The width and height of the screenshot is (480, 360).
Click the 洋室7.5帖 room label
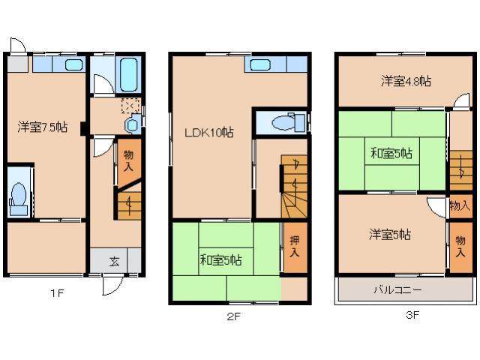[x=43, y=127]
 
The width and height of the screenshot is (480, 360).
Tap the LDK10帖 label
[x=209, y=133]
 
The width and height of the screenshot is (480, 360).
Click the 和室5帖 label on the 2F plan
[x=220, y=260]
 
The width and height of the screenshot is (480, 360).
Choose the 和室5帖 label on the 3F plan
[x=391, y=153]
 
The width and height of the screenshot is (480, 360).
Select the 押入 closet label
[x=294, y=246]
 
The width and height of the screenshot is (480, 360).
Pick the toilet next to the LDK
[x=284, y=121]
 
